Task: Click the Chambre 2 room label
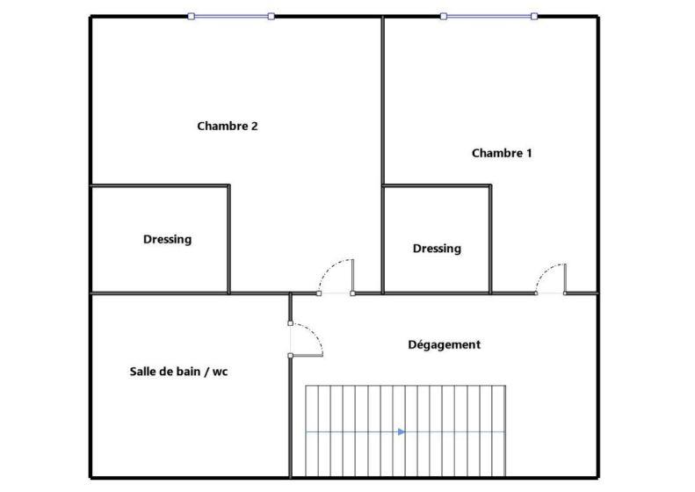pyautogui.click(x=227, y=126)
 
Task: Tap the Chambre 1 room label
pyautogui.click(x=502, y=153)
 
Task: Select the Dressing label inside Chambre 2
pyautogui.click(x=167, y=239)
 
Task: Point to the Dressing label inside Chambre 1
pyautogui.click(x=437, y=249)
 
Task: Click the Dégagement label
pyautogui.click(x=445, y=344)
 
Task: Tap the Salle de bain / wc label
pyautogui.click(x=178, y=372)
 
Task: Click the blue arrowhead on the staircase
pyautogui.click(x=401, y=431)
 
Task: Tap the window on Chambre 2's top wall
pyautogui.click(x=231, y=16)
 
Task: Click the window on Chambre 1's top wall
pyautogui.click(x=489, y=16)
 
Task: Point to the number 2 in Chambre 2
pyautogui.click(x=254, y=126)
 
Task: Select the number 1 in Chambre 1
pyautogui.click(x=529, y=153)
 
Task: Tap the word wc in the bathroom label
pyautogui.click(x=220, y=372)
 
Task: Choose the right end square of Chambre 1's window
pyautogui.click(x=534, y=16)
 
